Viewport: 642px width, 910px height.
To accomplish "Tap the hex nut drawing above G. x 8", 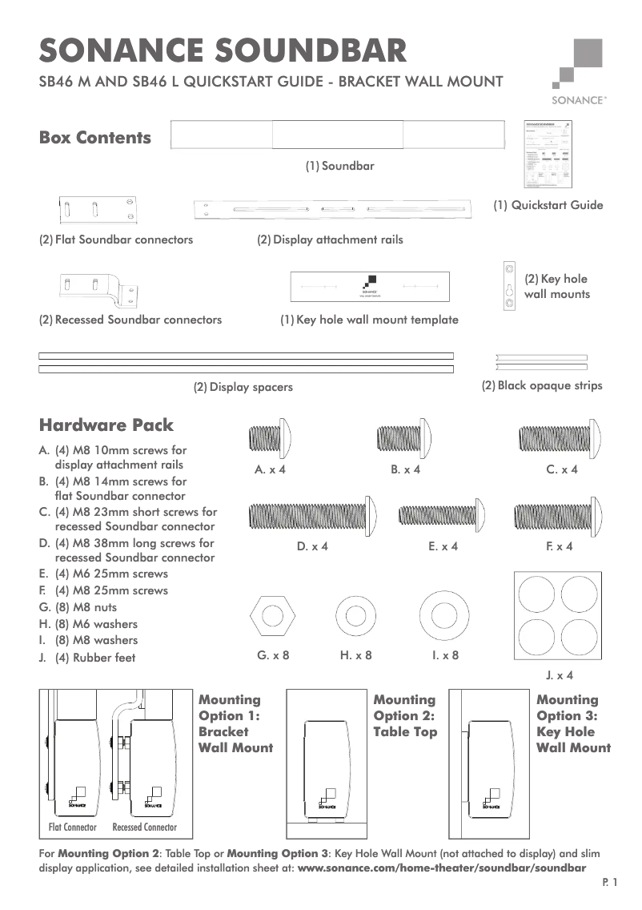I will [273, 616].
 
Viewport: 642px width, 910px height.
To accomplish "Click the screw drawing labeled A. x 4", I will [270, 438].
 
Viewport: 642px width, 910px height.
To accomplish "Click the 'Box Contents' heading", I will [95, 138].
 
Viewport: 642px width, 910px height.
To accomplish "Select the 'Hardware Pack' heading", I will [106, 425].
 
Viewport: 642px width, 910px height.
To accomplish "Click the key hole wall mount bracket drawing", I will [507, 286].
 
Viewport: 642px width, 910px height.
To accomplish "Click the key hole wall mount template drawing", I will [369, 286].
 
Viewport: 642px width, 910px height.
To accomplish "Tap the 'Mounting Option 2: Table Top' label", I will [405, 716].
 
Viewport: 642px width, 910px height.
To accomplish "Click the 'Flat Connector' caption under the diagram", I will [73, 827].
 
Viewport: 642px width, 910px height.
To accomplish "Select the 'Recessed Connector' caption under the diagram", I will [145, 827].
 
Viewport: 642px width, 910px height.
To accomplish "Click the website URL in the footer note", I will [441, 868].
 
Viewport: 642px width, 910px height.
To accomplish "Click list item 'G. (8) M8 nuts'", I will [85, 607].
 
